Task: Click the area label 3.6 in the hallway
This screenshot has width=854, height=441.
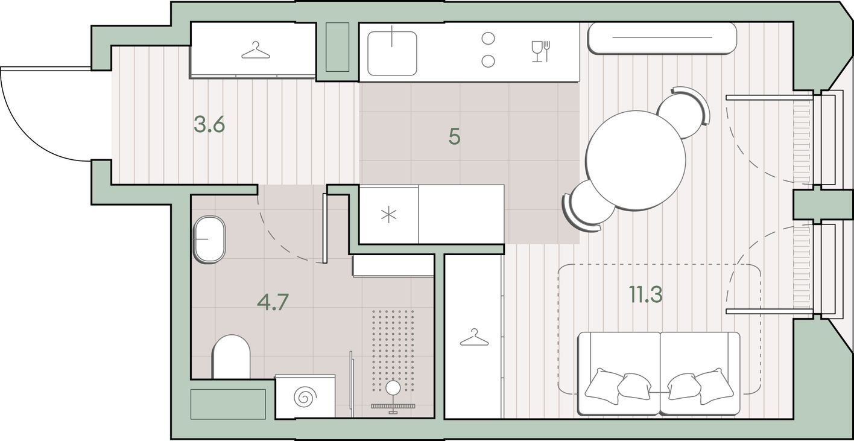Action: tap(209, 124)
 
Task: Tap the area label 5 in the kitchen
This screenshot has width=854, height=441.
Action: tap(455, 136)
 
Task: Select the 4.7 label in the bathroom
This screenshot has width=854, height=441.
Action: tap(273, 302)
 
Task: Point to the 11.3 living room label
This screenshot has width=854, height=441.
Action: tap(646, 294)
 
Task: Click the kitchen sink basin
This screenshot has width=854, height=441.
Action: tap(392, 54)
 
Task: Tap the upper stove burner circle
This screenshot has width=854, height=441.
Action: tap(489, 39)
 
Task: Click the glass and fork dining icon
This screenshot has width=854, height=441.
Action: tap(540, 51)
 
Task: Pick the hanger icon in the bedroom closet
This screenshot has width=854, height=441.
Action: tap(474, 337)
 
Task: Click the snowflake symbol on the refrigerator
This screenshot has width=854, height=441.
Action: tap(388, 215)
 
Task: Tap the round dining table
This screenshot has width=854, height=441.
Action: tap(636, 160)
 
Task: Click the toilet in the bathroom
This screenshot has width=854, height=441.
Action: tap(231, 357)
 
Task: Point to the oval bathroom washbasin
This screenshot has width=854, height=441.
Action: tap(209, 239)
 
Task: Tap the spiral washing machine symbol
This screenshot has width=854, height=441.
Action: tap(305, 397)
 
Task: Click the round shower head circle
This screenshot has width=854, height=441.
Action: tap(393, 388)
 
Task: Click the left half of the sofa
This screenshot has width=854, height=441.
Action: tap(619, 373)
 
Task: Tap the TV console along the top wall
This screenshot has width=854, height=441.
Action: tap(662, 38)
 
